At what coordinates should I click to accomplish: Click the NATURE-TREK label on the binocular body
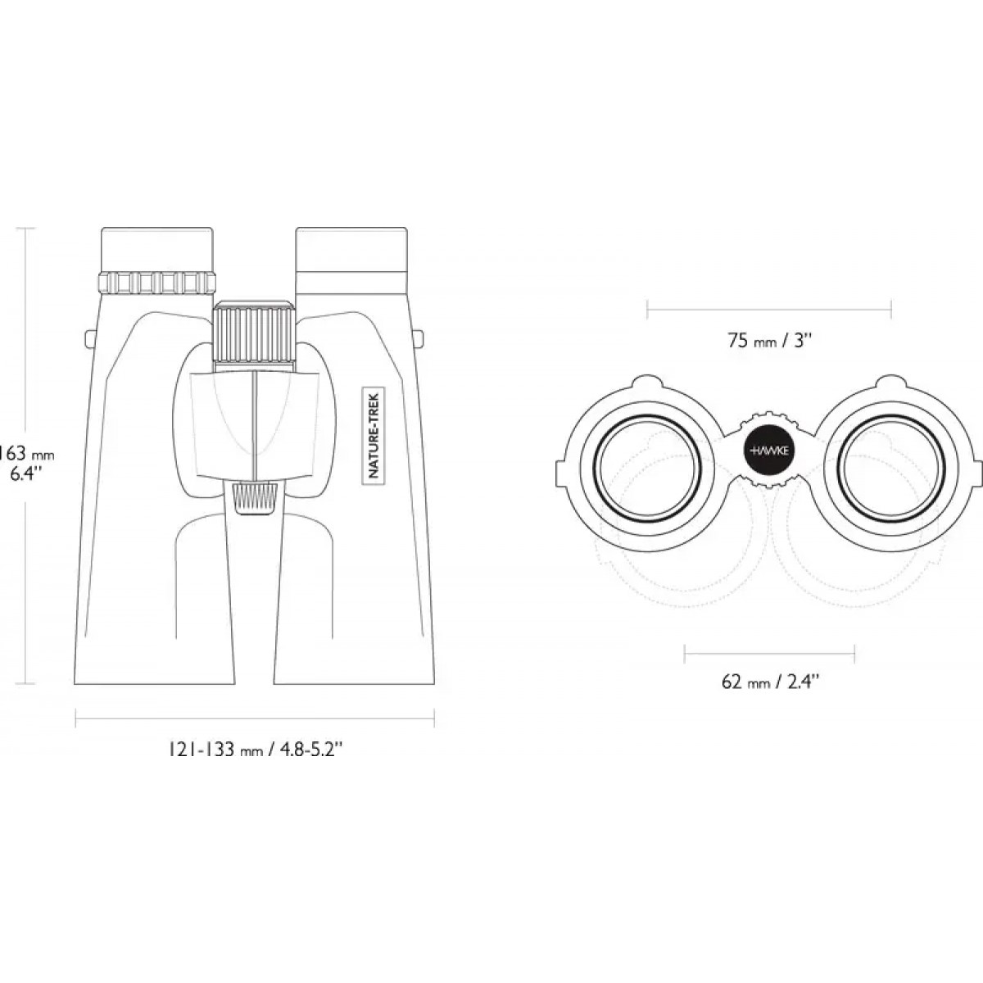point(375,433)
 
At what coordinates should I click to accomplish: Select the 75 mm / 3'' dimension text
point(768,340)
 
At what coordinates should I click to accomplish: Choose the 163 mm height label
point(25,453)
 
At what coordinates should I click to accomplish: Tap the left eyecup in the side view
point(157,250)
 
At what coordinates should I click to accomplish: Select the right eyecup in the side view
point(352,249)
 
